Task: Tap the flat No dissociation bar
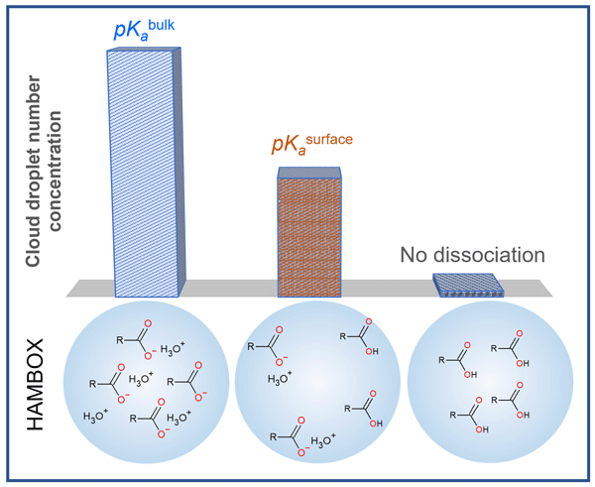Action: click(x=464, y=286)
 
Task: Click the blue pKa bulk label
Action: click(x=145, y=31)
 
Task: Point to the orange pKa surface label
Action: click(x=311, y=145)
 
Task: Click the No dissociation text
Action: click(x=473, y=255)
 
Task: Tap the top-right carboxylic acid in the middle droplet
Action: click(x=358, y=334)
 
